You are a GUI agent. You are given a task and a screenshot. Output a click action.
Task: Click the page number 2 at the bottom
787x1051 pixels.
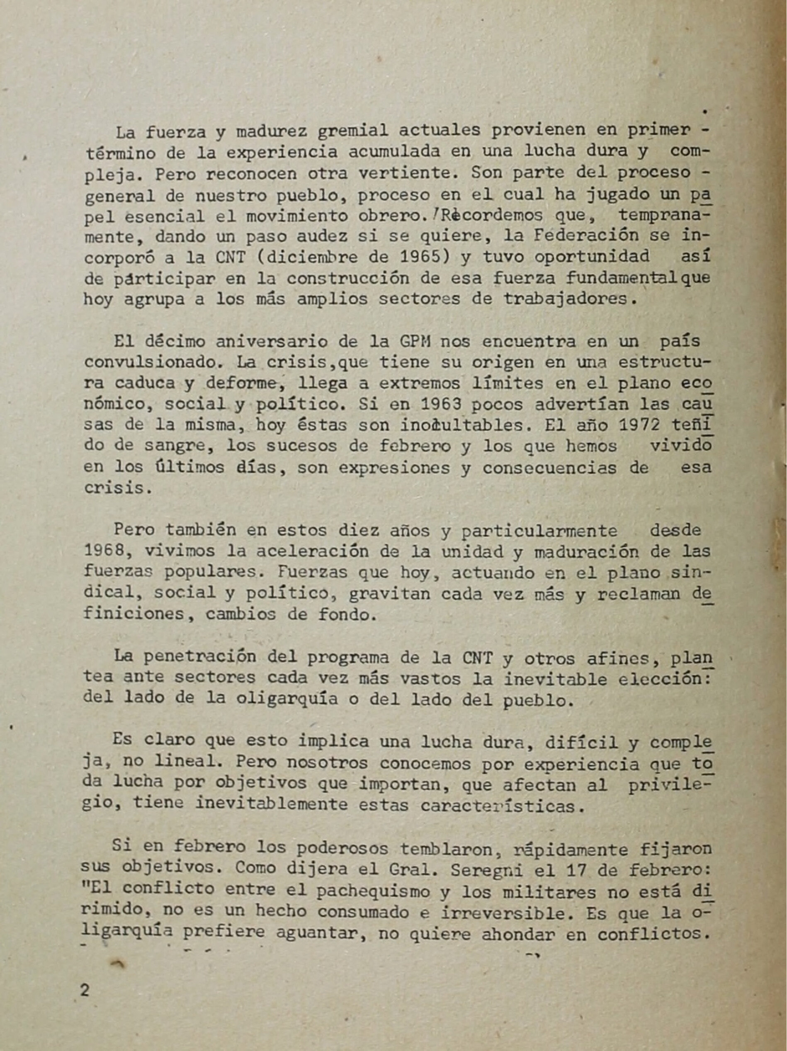[85, 990]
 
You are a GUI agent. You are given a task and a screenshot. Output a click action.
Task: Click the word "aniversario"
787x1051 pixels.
[271, 341]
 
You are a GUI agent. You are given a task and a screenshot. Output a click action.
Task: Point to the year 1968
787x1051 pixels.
[104, 551]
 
